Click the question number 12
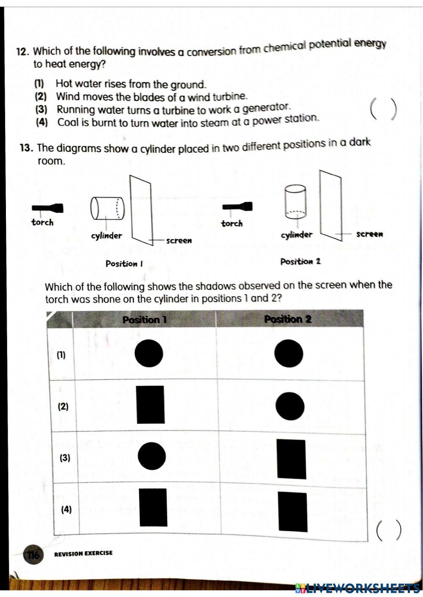click(x=22, y=52)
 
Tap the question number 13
click(x=26, y=148)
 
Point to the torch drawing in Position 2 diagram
click(x=238, y=207)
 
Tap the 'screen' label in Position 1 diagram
click(x=179, y=240)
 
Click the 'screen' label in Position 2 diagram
click(x=369, y=234)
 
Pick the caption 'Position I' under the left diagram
click(x=124, y=264)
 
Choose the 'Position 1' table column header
click(x=144, y=320)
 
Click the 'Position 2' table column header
click(x=288, y=319)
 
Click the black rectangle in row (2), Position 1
click(x=151, y=405)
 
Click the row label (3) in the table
click(x=65, y=458)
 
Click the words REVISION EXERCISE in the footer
click(x=83, y=553)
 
